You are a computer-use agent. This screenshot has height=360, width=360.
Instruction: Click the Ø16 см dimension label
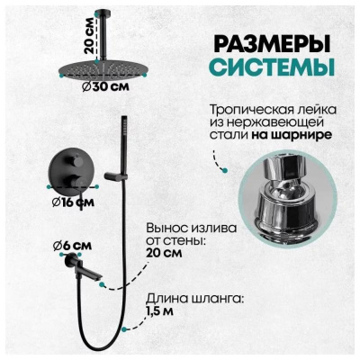[74, 202]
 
